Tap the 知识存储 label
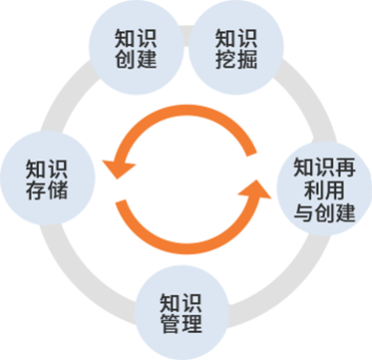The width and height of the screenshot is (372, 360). click(47, 177)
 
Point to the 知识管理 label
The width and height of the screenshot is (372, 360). click(182, 313)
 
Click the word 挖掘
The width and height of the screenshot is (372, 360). click(236, 60)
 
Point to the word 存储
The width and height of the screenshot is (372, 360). click(47, 188)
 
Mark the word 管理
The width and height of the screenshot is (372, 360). click(182, 325)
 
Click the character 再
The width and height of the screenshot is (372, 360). click(344, 165)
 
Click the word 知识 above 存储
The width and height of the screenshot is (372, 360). click(47, 166)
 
